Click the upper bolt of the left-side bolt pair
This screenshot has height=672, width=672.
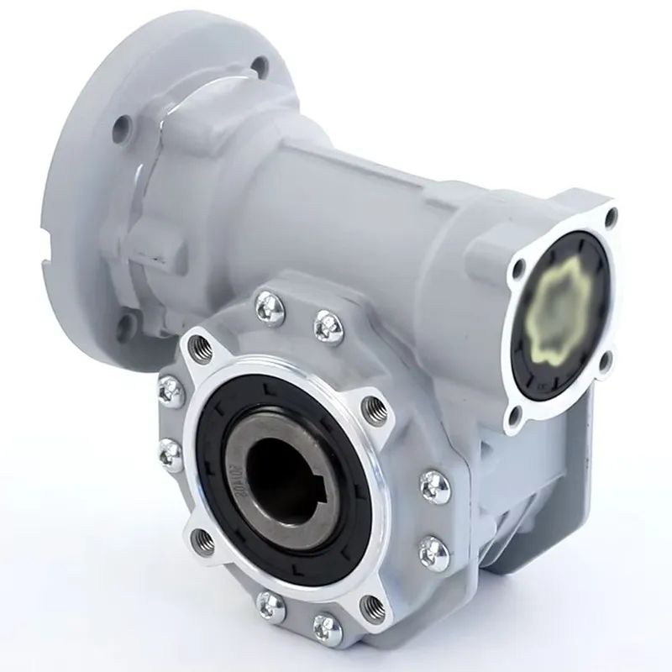click(171, 389)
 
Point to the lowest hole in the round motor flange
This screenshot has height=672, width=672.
click(126, 325)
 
